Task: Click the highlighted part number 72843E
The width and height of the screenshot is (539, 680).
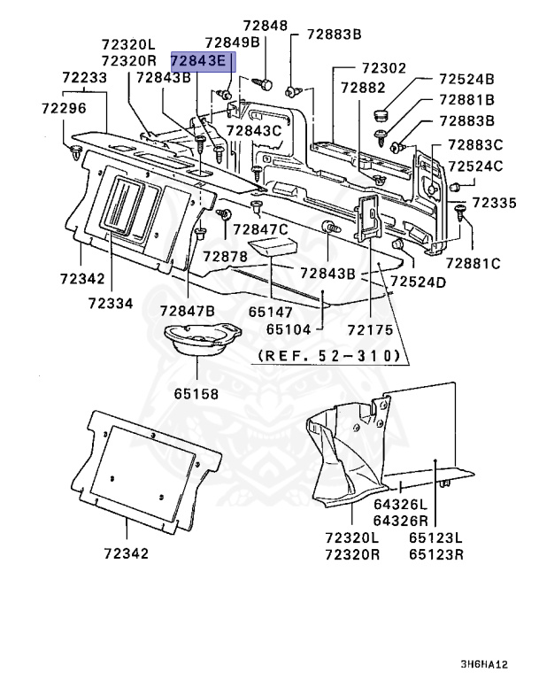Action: click(x=199, y=61)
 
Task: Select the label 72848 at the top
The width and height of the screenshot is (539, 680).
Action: click(x=266, y=26)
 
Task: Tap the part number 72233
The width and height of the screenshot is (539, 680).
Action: click(x=85, y=78)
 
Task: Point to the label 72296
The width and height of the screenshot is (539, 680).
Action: click(x=65, y=108)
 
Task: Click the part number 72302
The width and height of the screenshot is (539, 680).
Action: click(x=384, y=68)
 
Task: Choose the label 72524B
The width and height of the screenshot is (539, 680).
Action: click(x=466, y=79)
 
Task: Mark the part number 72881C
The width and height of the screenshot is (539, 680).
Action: click(x=474, y=263)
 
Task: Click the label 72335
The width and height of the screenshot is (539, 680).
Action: click(x=495, y=203)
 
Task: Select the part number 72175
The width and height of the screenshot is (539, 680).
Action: click(x=370, y=330)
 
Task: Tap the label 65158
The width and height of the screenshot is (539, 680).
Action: click(x=196, y=394)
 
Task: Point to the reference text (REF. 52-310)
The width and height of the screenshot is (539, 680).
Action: click(x=329, y=356)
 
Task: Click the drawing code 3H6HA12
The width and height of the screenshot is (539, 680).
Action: click(x=484, y=664)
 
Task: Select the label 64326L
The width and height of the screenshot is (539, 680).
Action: click(x=401, y=505)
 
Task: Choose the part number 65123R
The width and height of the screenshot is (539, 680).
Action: click(x=436, y=554)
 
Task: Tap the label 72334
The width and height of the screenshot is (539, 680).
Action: click(x=111, y=303)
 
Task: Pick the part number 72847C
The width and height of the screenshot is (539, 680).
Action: click(x=260, y=229)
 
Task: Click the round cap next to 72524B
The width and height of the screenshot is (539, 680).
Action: click(x=381, y=116)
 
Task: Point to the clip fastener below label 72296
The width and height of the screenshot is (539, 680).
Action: click(x=76, y=152)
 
